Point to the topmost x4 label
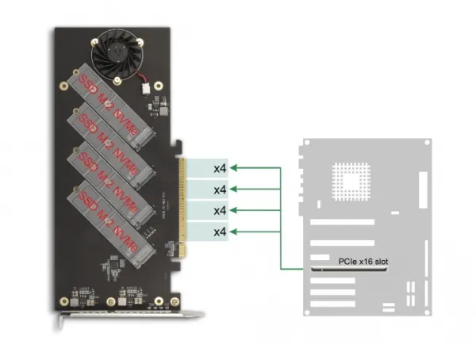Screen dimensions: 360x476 point(220,168)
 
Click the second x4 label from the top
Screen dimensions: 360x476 point(220,189)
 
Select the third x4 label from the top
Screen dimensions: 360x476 point(220,210)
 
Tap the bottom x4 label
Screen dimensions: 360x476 point(220,231)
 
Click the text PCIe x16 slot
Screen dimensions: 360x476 point(363,260)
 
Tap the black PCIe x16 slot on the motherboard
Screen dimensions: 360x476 point(349,270)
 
